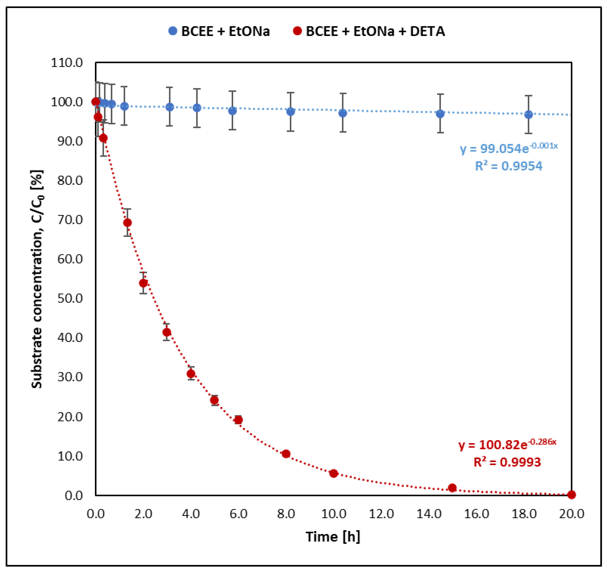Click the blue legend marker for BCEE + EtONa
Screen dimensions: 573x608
click(x=173, y=31)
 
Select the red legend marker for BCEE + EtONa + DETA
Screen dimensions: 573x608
click(x=297, y=31)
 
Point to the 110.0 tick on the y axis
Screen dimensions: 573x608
click(x=67, y=63)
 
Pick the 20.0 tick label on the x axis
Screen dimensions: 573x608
click(x=571, y=514)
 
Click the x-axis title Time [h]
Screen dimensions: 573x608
click(x=333, y=537)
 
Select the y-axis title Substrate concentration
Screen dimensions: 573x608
click(x=37, y=279)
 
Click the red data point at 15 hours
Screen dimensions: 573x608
click(x=452, y=488)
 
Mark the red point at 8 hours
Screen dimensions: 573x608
click(x=286, y=454)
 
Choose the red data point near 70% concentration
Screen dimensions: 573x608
click(x=127, y=223)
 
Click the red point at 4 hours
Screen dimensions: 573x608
click(x=191, y=374)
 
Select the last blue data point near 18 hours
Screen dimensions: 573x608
click(x=529, y=115)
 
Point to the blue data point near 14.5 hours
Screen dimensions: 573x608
click(x=440, y=114)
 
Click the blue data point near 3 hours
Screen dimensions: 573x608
click(x=170, y=107)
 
